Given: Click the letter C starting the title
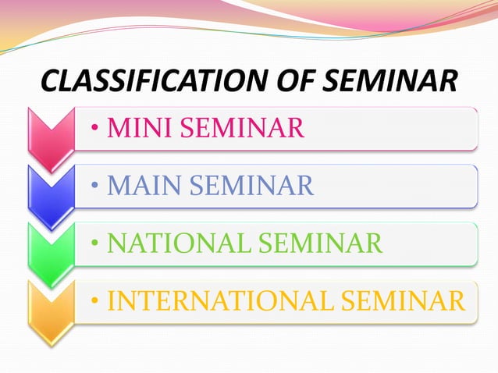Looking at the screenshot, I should (x=48, y=81).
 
